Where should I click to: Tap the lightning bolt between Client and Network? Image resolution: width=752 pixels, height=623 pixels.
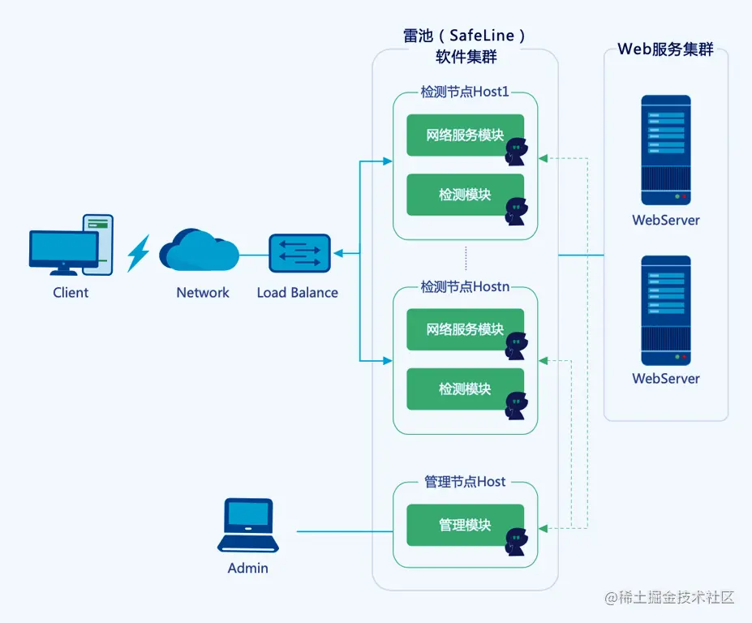click(139, 253)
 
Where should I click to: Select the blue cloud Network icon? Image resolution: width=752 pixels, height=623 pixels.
click(198, 251)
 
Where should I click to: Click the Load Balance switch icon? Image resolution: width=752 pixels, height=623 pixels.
click(300, 254)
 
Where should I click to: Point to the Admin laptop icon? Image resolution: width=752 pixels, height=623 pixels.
click(249, 526)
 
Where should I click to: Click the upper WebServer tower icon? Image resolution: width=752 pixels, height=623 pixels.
click(665, 150)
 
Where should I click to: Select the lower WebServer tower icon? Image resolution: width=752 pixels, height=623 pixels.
click(665, 310)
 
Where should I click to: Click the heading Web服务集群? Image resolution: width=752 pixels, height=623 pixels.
click(665, 49)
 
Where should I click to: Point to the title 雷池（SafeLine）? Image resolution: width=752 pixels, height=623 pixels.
click(465, 36)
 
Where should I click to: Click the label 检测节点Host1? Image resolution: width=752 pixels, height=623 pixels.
click(465, 92)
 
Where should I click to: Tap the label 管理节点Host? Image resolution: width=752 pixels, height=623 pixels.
click(465, 482)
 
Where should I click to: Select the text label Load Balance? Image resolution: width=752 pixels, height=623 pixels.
click(297, 293)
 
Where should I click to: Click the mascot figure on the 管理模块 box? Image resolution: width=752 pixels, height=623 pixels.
click(516, 541)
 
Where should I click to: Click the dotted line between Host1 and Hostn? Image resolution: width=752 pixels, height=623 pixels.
click(466, 259)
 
